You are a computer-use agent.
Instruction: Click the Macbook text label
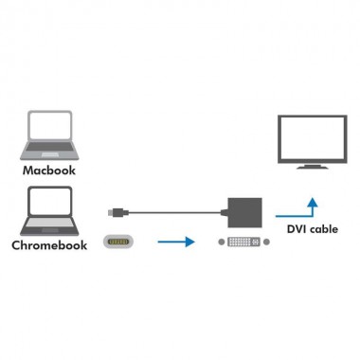(48, 172)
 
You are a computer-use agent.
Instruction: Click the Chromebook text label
(48, 245)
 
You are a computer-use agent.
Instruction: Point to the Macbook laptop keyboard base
(50, 154)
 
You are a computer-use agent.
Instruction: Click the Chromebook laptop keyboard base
(49, 228)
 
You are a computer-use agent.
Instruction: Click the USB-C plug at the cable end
(113, 209)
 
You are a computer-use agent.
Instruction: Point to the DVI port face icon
(243, 243)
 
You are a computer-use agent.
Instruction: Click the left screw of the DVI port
(224, 243)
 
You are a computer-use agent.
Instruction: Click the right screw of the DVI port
(262, 243)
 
